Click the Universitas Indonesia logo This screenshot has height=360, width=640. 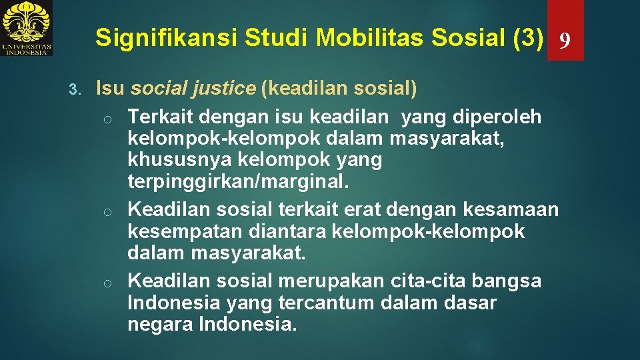27,28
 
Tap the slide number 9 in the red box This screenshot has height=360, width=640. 565,41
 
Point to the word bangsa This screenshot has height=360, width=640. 509,281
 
